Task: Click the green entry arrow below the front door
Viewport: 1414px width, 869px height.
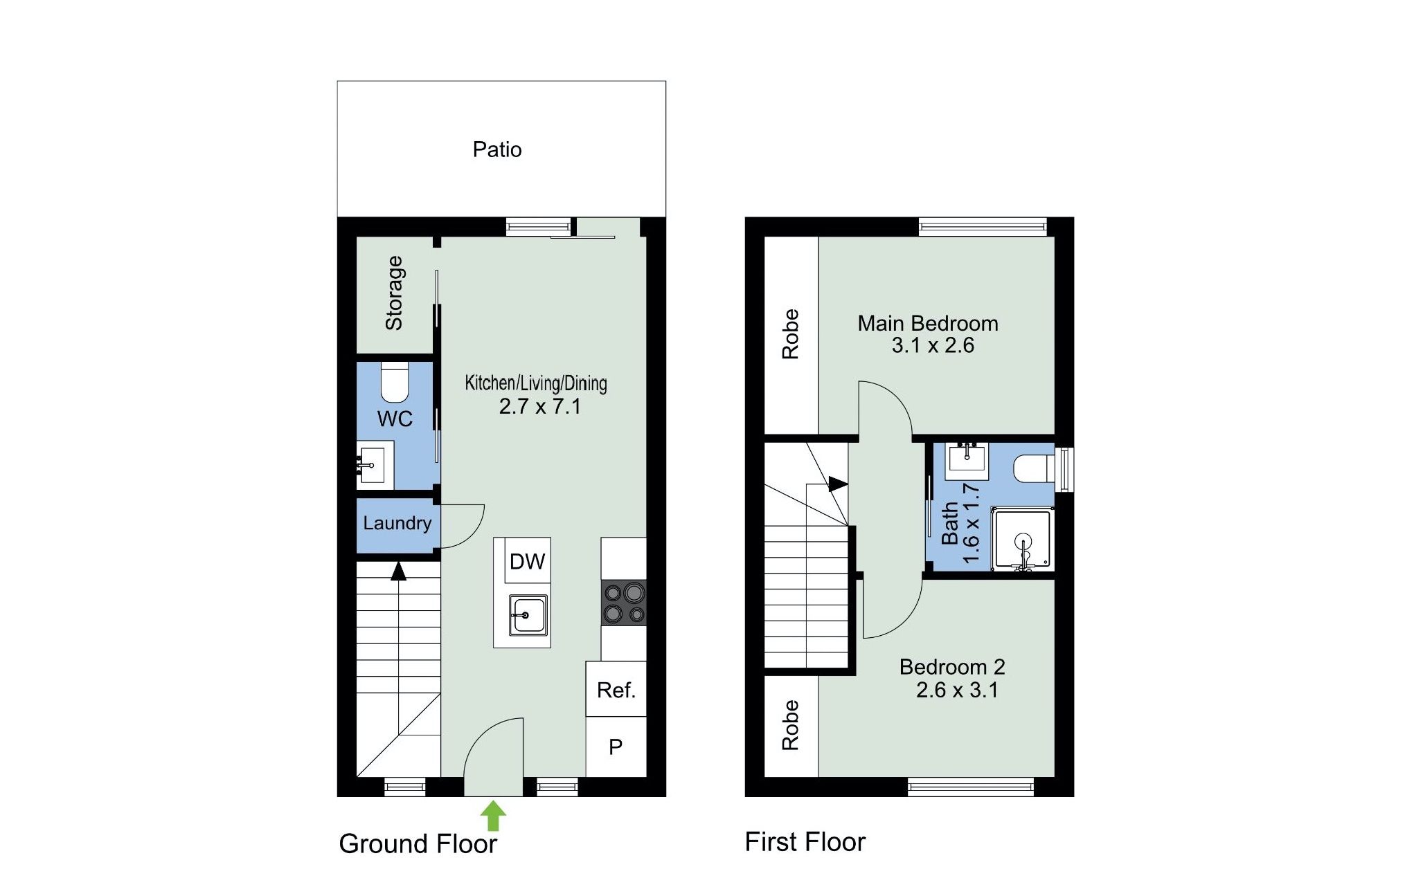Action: point(492,816)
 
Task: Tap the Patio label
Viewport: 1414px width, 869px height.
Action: point(497,149)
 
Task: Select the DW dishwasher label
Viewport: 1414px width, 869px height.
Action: point(527,561)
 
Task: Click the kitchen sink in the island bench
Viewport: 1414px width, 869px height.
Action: point(528,615)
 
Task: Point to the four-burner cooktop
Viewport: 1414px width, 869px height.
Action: point(623,603)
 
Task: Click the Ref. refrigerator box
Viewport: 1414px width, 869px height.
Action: point(616,688)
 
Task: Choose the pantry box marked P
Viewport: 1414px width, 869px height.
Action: point(616,747)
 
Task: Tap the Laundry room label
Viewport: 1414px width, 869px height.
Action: point(397,523)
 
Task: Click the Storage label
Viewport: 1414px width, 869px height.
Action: point(394,293)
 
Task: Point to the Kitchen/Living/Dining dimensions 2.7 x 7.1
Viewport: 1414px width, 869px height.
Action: point(540,406)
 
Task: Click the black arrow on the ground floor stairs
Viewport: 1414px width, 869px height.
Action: point(398,571)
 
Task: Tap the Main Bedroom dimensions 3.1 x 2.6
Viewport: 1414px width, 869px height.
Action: point(933,345)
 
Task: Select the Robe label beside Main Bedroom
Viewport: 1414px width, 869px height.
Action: point(790,334)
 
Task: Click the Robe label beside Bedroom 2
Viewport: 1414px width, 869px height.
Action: point(790,725)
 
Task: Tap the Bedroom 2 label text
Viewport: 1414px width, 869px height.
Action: point(952,667)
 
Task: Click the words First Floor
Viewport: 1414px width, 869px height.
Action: point(805,842)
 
